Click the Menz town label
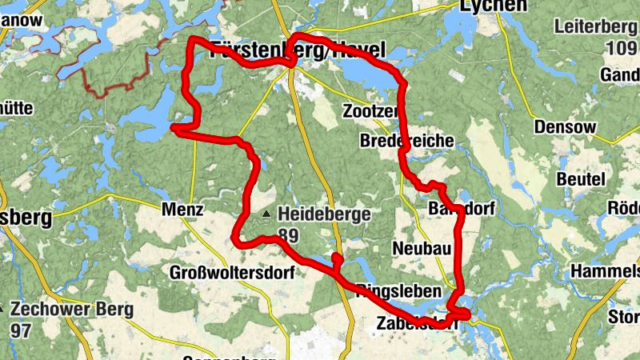pos(183,210)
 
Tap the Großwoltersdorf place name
pos(232,273)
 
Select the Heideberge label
pos(323,214)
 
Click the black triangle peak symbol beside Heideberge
pos(266,214)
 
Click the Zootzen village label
pos(369,110)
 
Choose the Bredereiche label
pos(407,141)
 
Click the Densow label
pos(565,127)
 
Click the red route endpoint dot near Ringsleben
pos(337,258)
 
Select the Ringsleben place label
pos(395,290)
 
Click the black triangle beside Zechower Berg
pos(2,308)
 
